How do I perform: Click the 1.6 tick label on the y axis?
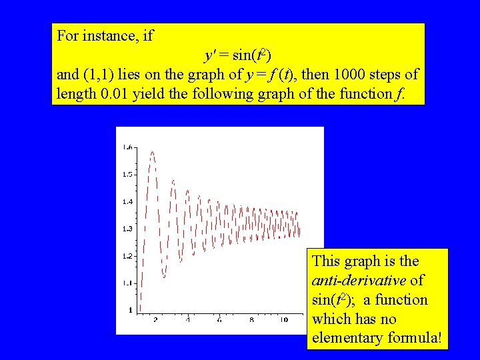coord(127,147)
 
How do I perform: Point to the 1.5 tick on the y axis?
coord(127,174)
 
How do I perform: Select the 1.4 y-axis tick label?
coord(127,201)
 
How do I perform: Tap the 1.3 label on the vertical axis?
coord(127,229)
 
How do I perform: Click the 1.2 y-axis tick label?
coord(127,256)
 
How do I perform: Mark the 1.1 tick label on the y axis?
coord(127,283)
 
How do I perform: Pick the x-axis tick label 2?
coord(155,321)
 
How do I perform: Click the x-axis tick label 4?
coord(187,321)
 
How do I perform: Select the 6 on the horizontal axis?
coord(219,321)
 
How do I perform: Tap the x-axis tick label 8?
coord(251,321)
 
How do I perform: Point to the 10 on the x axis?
coord(283,321)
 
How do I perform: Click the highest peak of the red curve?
coord(153,152)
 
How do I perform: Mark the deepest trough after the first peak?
coord(165,277)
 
